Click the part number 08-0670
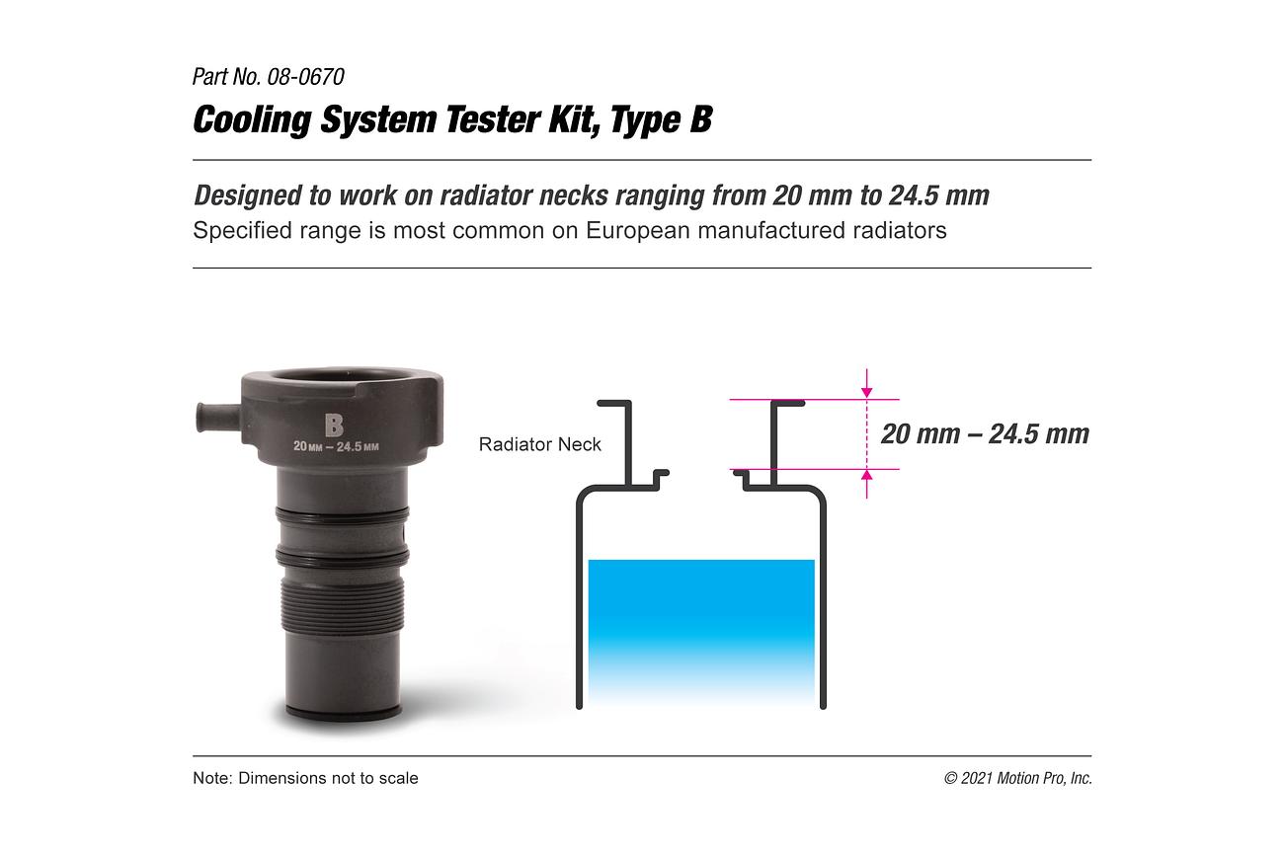305,77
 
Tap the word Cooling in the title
252,120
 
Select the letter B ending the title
700,119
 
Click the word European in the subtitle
637,230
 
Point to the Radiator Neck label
540,444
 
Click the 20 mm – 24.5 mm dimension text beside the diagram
985,433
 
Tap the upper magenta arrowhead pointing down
867,392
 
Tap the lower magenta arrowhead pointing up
867,476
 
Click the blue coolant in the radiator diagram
701,630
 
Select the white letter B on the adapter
334,425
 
